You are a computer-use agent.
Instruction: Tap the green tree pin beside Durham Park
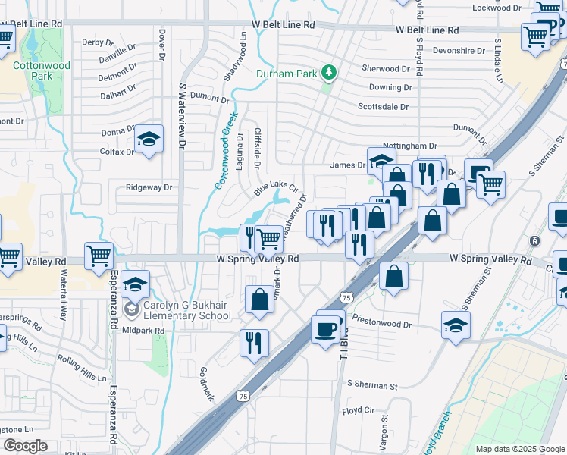coord(329,73)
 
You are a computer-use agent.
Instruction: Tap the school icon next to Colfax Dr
coord(149,140)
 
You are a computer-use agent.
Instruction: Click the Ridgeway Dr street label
coord(149,187)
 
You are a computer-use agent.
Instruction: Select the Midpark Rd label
coord(143,331)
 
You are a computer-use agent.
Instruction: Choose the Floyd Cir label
coord(359,410)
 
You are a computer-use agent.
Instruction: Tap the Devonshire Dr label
coord(459,51)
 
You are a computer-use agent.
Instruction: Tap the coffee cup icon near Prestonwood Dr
coord(326,329)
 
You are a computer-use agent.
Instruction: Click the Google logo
coord(25,446)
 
